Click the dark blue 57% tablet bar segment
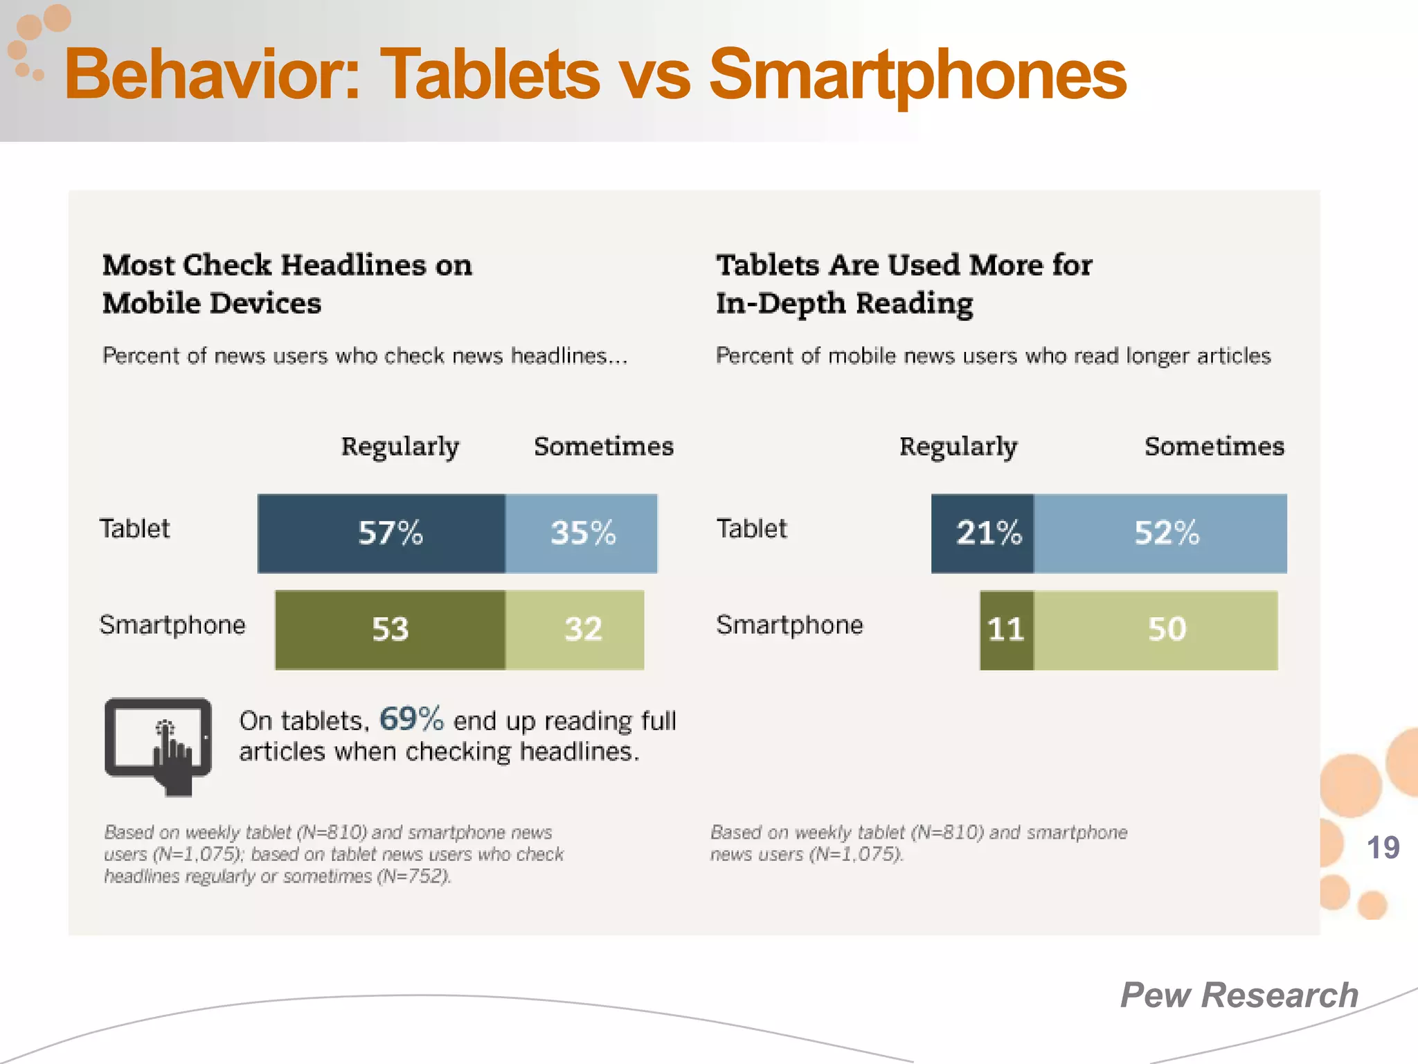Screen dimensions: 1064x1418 [382, 533]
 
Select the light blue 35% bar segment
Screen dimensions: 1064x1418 [582, 533]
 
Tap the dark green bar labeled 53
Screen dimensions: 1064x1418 [390, 630]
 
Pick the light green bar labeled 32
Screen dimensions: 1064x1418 [575, 630]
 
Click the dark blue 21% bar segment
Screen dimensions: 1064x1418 [982, 533]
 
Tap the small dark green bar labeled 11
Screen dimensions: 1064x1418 [1006, 630]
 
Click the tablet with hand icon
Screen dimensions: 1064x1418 [159, 745]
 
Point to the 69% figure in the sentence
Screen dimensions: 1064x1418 [411, 719]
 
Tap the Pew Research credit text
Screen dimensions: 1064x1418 [1239, 995]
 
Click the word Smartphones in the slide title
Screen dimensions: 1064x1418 [917, 76]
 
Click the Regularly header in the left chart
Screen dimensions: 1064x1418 [400, 447]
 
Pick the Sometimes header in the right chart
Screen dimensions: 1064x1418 [1214, 447]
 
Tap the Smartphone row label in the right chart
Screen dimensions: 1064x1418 [789, 625]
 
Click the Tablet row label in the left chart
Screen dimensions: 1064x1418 [134, 529]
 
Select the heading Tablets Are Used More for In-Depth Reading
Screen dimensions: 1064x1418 [904, 284]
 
